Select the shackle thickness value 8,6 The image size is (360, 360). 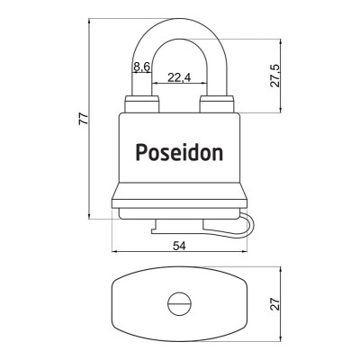[x=140, y=67]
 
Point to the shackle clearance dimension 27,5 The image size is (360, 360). [x=275, y=75]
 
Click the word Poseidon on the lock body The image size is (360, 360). [x=179, y=152]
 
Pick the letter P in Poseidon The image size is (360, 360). [x=142, y=151]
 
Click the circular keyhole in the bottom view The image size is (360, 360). [x=176, y=304]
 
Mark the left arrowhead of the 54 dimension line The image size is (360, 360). [x=114, y=253]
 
